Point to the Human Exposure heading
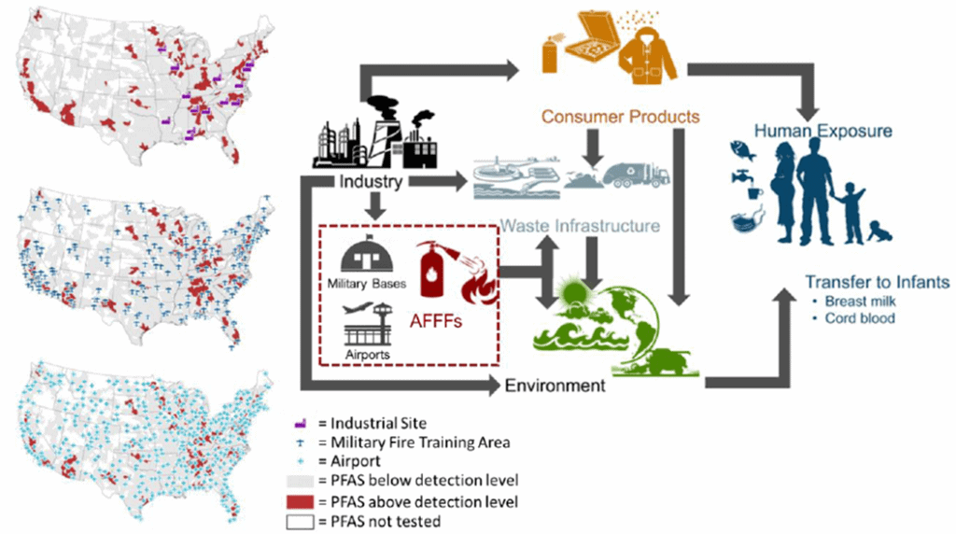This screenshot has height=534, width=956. coord(823,131)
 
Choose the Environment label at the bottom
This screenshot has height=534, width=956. coord(555,384)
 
